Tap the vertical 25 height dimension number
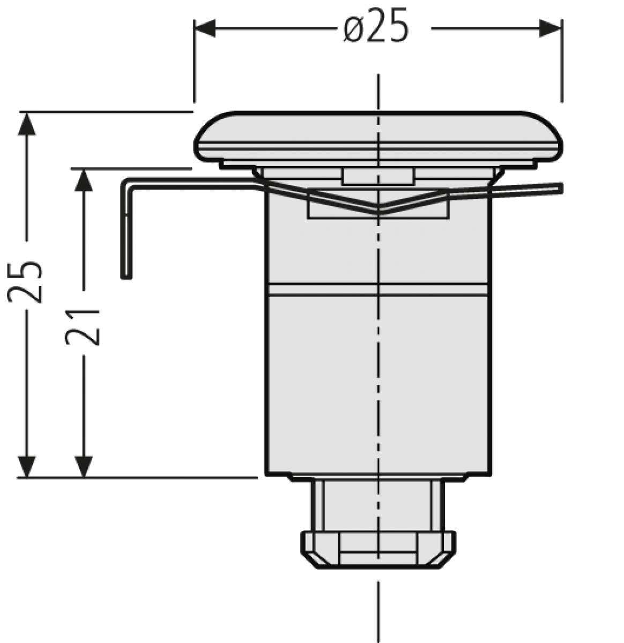[25, 282]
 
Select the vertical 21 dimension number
[82, 327]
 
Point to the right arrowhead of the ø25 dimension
[551, 28]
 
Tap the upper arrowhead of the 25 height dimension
[26, 124]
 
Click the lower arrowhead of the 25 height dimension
[26, 466]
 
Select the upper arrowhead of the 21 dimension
[83, 180]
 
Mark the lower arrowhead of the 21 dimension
[83, 466]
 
